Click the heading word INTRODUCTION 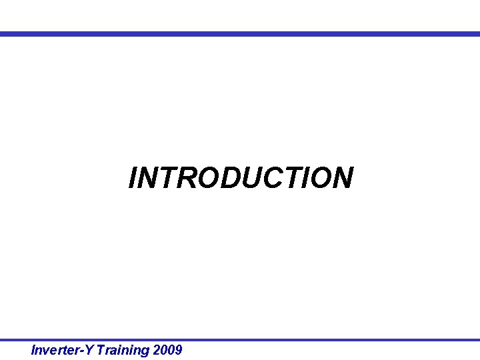(241, 178)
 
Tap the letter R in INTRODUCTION (182, 178)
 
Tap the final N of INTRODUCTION (341, 178)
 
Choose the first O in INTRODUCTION (204, 178)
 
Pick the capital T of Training (100, 350)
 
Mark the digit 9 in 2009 (177, 350)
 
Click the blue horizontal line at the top (240, 34)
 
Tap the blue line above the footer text (240, 340)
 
